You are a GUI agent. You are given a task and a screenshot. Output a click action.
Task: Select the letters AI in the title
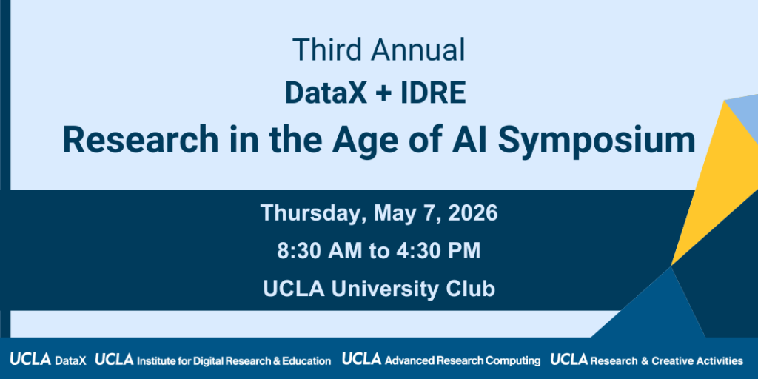point(466,139)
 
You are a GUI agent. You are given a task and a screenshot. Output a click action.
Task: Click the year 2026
point(470,213)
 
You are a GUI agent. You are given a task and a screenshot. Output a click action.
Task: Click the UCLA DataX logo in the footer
point(48,360)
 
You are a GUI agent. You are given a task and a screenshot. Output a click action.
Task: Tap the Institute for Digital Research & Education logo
point(213,360)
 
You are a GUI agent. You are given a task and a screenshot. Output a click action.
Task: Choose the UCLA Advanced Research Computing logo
point(441,360)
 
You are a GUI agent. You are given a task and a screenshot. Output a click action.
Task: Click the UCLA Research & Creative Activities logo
point(646,360)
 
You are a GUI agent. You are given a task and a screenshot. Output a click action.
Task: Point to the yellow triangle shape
point(707,185)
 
